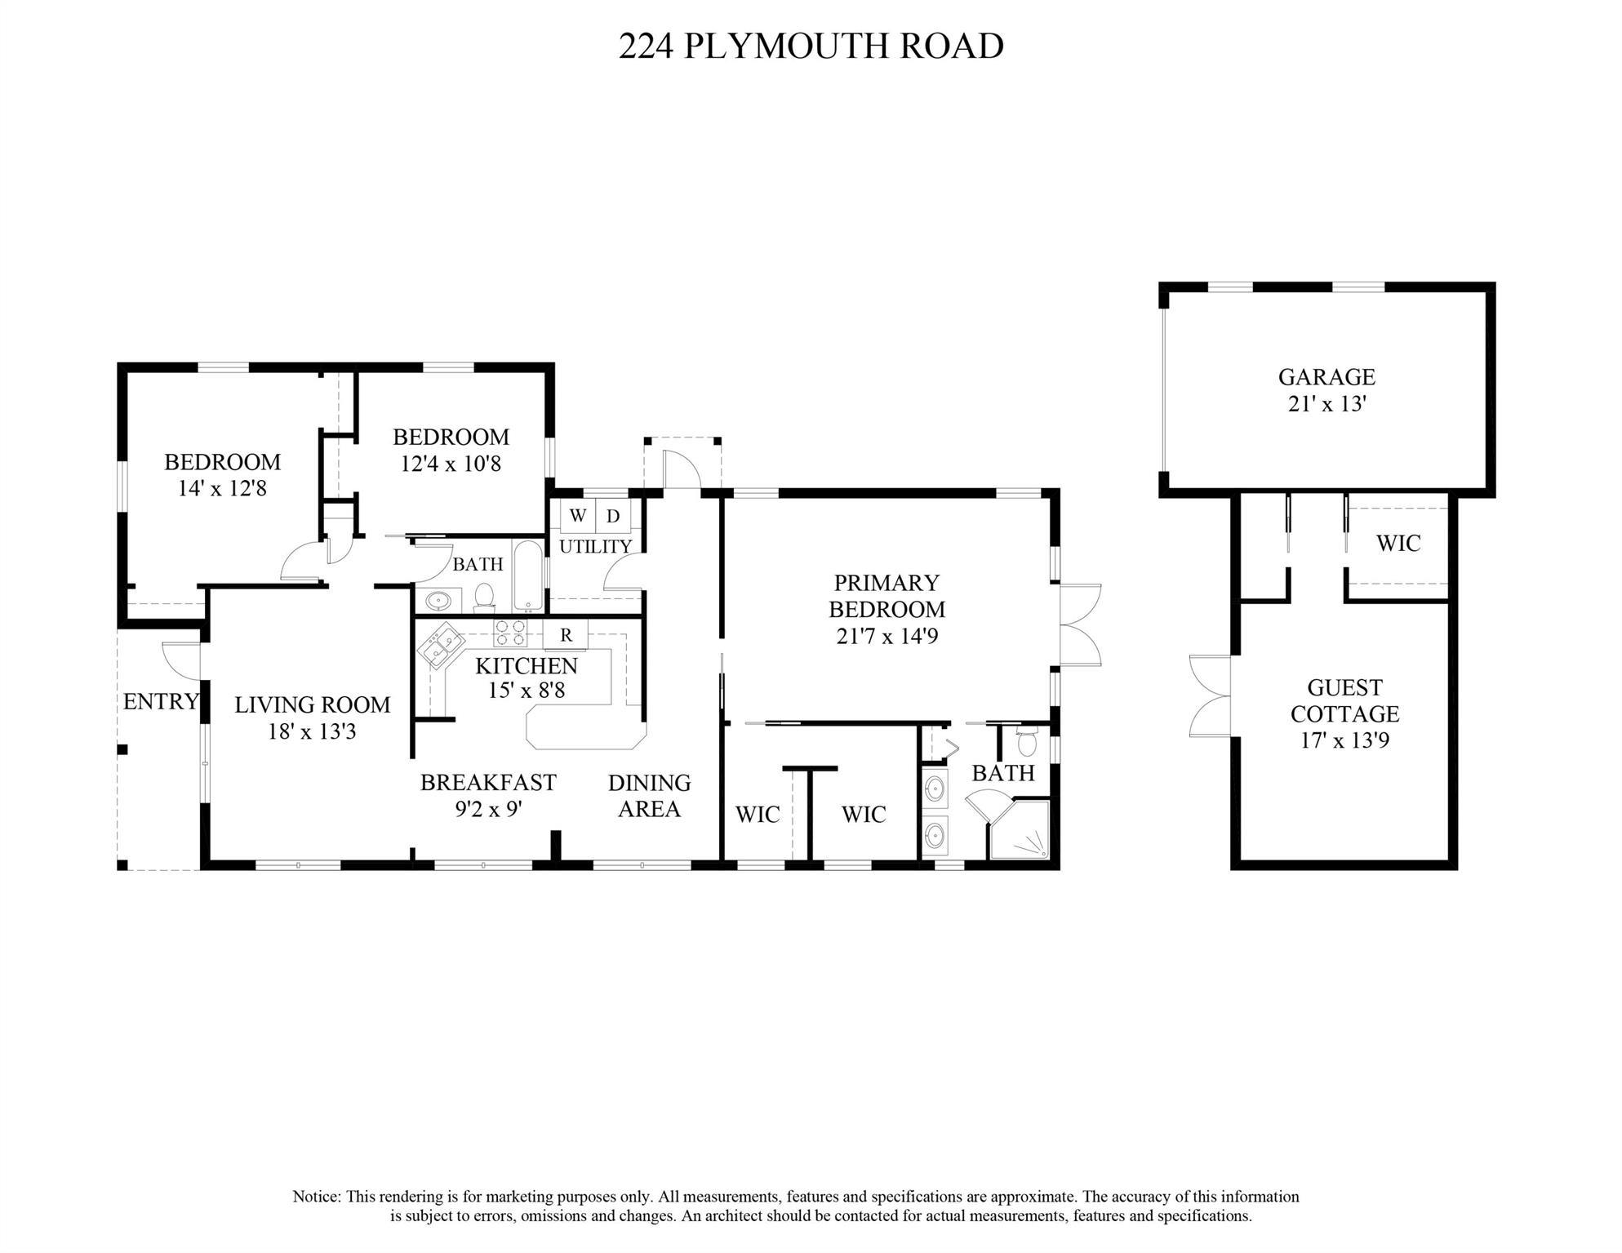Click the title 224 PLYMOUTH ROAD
pyautogui.click(x=811, y=46)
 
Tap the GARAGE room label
pyautogui.click(x=1326, y=377)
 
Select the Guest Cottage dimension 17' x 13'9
pyautogui.click(x=1344, y=740)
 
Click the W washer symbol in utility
pyautogui.click(x=577, y=516)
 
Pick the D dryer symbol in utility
pyautogui.click(x=613, y=516)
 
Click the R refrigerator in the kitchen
pyautogui.click(x=566, y=634)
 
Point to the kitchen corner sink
pyautogui.click(x=440, y=645)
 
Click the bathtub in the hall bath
pyautogui.click(x=529, y=575)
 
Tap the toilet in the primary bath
pyautogui.click(x=1027, y=743)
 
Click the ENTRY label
pyautogui.click(x=161, y=701)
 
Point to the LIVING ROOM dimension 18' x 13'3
pyautogui.click(x=312, y=731)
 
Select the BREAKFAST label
pyautogui.click(x=488, y=782)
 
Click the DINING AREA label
pyautogui.click(x=650, y=796)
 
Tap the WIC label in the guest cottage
pyautogui.click(x=1398, y=544)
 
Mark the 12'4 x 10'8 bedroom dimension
pyautogui.click(x=451, y=464)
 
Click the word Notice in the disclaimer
pyautogui.click(x=317, y=1197)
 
